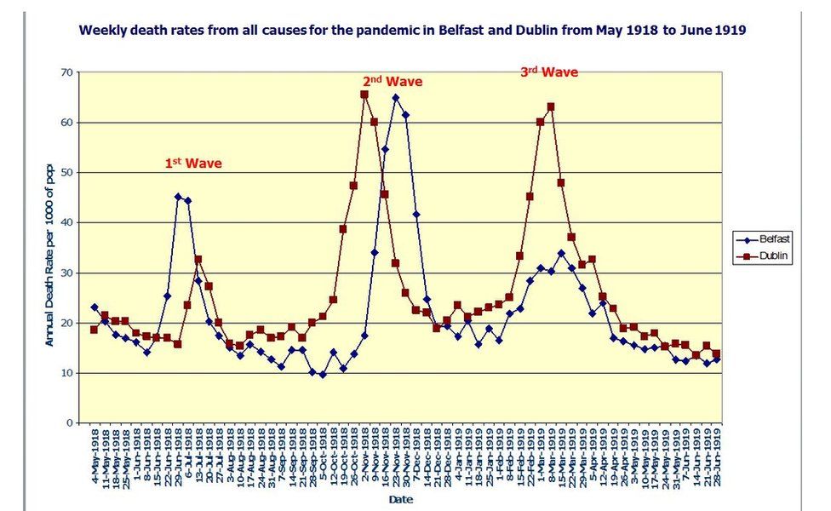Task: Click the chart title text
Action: coord(412,31)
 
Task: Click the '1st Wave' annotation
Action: coord(198,162)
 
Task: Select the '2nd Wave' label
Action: coord(392,82)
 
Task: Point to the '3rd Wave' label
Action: coord(549,72)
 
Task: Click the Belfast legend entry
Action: coord(770,239)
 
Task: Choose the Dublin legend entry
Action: coord(770,255)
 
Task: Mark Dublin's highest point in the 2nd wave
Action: coord(364,95)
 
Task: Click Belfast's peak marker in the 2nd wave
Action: coord(396,97)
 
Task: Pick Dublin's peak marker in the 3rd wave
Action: coord(551,106)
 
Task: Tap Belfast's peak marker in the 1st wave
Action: coord(178,197)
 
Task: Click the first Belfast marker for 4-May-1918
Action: coord(94,307)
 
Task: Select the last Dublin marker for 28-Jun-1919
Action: coord(716,353)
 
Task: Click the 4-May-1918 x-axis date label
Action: coord(95,455)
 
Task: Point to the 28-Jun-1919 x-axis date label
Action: coord(717,455)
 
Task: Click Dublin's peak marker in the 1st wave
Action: coord(198,260)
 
